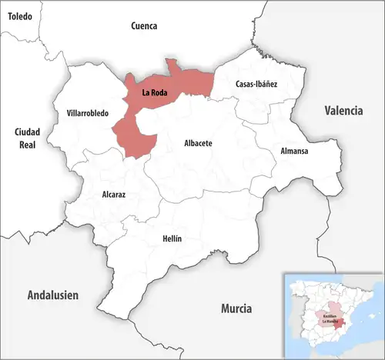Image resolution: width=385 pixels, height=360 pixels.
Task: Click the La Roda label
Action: [155, 93]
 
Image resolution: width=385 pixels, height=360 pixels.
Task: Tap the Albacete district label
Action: [198, 143]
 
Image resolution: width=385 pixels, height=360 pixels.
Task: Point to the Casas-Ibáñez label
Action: [256, 83]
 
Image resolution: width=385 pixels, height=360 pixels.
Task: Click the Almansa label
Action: [294, 151]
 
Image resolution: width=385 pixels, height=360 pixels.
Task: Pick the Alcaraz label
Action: [114, 195]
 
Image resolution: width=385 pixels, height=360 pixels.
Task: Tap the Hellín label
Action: [172, 238]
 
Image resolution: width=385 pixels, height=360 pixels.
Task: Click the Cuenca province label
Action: [144, 25]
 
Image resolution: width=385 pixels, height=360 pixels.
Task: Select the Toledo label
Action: [21, 15]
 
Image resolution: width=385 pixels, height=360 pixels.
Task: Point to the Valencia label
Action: [343, 111]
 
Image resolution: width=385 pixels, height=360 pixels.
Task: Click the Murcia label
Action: [236, 308]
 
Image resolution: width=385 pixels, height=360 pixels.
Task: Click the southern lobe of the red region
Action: [132, 139]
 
